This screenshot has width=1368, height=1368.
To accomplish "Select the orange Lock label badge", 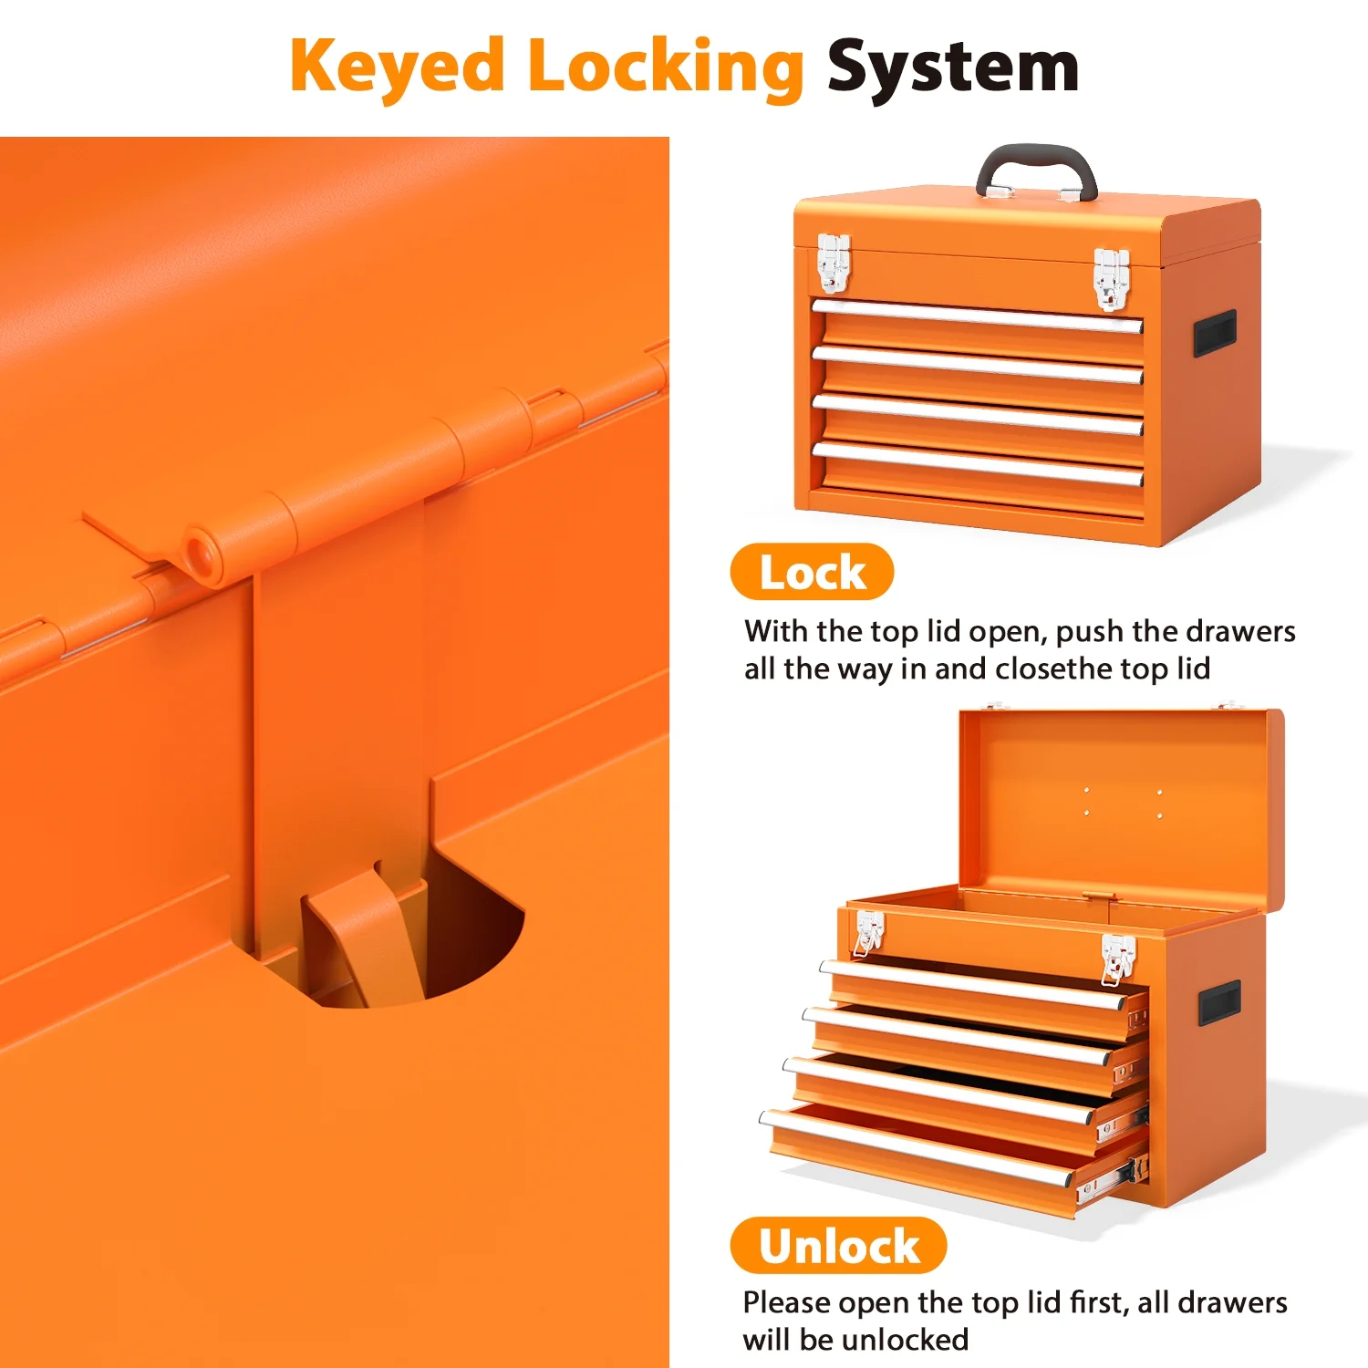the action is click(x=812, y=572).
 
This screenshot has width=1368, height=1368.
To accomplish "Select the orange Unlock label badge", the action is click(x=838, y=1245).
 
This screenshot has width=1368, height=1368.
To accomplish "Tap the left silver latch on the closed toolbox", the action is click(x=834, y=263).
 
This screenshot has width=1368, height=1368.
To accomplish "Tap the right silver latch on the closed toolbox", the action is click(x=1111, y=278).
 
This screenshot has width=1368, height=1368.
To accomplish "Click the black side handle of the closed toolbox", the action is click(x=1215, y=333).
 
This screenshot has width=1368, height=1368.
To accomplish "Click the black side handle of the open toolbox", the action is click(x=1219, y=1003).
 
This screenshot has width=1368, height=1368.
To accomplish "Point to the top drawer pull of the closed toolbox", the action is click(x=977, y=316).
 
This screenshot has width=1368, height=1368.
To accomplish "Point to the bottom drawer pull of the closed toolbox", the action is click(x=977, y=463).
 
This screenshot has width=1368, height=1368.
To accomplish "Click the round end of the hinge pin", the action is click(x=200, y=553).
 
